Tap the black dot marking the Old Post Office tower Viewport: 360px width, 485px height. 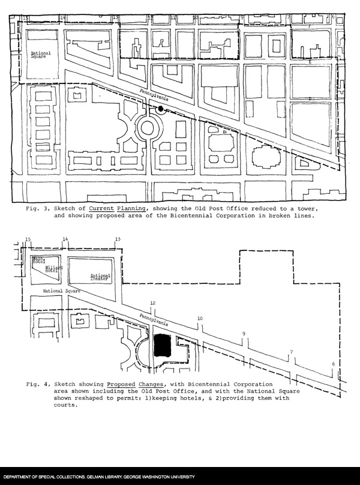click(x=160, y=108)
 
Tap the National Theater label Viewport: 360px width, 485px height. click(x=100, y=277)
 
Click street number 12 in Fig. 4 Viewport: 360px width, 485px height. click(x=153, y=303)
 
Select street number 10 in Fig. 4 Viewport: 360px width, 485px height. click(x=200, y=318)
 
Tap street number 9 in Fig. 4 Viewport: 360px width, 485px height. click(x=244, y=334)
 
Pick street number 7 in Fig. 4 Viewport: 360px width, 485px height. click(x=292, y=352)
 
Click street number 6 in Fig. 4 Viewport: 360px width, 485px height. click(x=333, y=364)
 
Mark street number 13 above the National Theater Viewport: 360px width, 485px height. click(x=118, y=239)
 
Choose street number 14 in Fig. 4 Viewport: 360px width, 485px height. click(x=65, y=239)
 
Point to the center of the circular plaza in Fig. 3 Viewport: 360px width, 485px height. click(x=148, y=127)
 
